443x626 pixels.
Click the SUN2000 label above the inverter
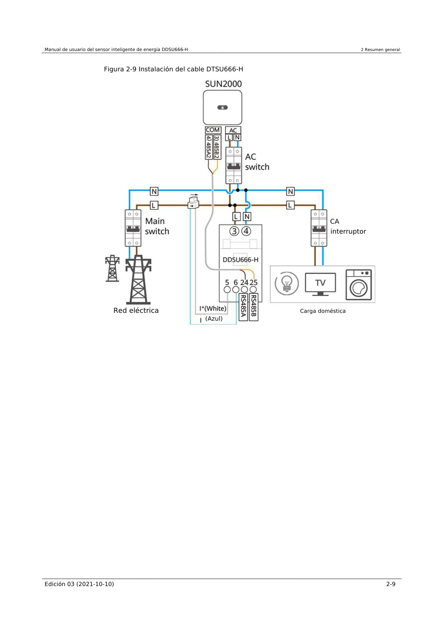[223, 84]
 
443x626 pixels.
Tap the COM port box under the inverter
[213, 130]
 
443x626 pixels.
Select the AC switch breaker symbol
[233, 166]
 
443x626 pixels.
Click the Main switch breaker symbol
[133, 228]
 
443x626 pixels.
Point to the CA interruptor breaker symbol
[319, 228]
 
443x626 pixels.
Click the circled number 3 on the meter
[234, 231]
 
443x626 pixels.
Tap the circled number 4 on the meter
[246, 231]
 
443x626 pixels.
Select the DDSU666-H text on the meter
[240, 260]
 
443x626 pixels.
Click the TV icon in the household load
[320, 284]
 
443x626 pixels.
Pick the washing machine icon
[359, 285]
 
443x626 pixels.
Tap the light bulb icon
[287, 284]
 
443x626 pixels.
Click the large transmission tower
[138, 280]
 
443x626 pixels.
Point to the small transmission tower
[112, 268]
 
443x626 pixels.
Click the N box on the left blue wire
[154, 192]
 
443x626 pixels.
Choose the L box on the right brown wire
[290, 205]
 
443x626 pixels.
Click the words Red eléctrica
[136, 310]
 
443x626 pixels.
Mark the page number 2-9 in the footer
[391, 584]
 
